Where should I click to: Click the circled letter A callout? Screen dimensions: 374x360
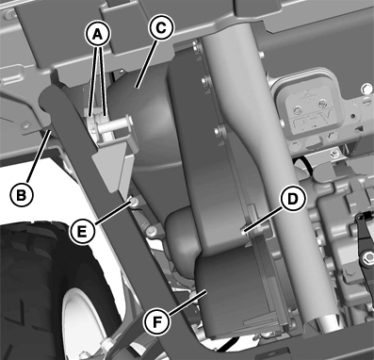(98, 35)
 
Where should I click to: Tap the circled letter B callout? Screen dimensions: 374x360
(22, 195)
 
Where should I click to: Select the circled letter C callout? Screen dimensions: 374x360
(161, 28)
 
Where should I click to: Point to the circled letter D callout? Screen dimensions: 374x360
(292, 199)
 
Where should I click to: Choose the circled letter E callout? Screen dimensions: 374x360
(82, 232)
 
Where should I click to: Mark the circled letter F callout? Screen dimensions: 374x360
(156, 321)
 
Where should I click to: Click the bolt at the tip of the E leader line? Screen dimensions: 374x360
(134, 202)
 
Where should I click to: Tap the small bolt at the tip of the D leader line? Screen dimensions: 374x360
(243, 233)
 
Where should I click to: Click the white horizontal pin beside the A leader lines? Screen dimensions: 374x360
(114, 125)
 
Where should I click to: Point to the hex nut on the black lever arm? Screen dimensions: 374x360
(366, 258)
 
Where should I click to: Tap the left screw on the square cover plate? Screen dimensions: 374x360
(298, 110)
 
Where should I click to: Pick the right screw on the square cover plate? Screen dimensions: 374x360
(322, 103)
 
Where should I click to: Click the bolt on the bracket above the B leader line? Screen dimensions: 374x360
(24, 125)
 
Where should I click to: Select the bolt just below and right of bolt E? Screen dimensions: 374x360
(152, 231)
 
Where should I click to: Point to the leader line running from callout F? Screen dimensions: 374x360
(188, 303)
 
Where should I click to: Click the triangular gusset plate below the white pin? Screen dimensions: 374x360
(111, 167)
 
